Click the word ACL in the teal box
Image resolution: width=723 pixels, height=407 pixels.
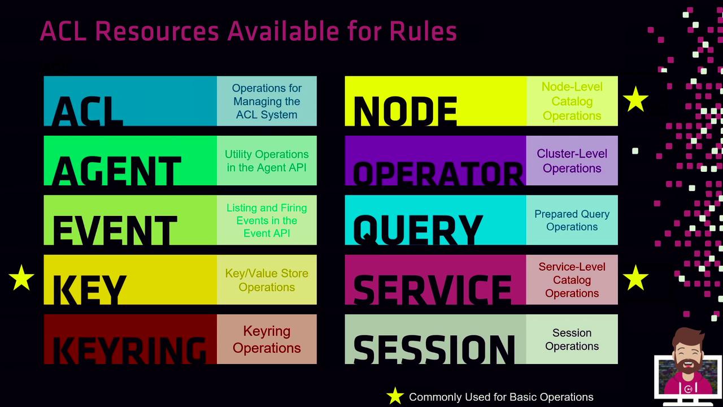pyautogui.click(x=87, y=111)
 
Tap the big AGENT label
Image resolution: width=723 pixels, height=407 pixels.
pyautogui.click(x=116, y=171)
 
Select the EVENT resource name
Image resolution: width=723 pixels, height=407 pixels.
pyautogui.click(x=115, y=230)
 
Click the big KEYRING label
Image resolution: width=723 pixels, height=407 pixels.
pyautogui.click(x=129, y=350)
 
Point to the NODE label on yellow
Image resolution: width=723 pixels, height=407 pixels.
pyautogui.click(x=406, y=111)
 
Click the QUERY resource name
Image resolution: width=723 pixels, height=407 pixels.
pyautogui.click(x=418, y=230)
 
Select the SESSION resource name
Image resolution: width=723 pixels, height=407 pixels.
pyautogui.click(x=434, y=349)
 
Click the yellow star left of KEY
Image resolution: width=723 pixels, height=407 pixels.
pyautogui.click(x=21, y=278)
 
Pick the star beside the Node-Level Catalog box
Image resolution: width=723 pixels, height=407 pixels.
pyautogui.click(x=635, y=99)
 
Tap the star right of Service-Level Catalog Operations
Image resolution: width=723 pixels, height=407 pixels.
pyautogui.click(x=635, y=278)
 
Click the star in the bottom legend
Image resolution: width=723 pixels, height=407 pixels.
pyautogui.click(x=395, y=396)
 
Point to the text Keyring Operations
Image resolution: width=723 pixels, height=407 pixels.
pyautogui.click(x=267, y=340)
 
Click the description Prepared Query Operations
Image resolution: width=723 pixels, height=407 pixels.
pyautogui.click(x=572, y=220)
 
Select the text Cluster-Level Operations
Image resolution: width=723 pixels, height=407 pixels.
pyautogui.click(x=572, y=161)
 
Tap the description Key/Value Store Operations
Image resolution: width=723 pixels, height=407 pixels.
pyautogui.click(x=267, y=280)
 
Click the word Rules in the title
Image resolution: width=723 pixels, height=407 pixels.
pyautogui.click(x=423, y=31)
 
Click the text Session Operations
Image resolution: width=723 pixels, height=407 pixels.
pyautogui.click(x=572, y=340)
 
